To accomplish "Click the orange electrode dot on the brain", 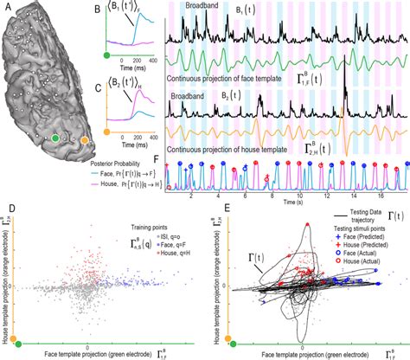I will pos(84,138).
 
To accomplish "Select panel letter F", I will pos(155,158).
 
